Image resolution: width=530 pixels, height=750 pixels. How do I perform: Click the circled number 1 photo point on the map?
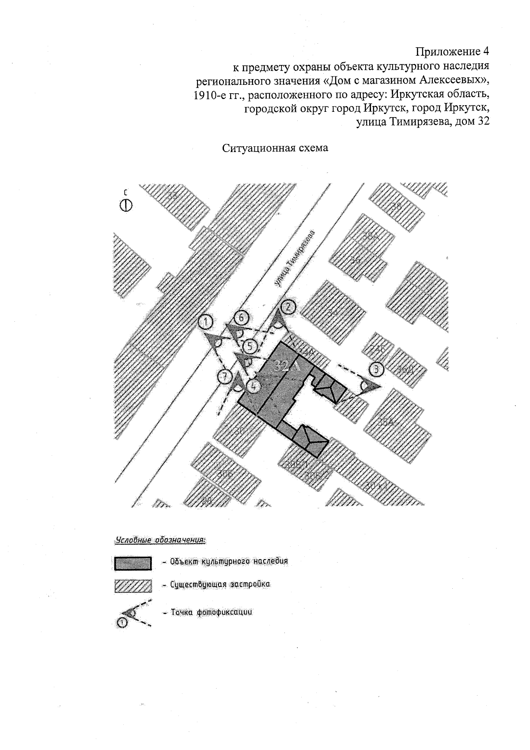(206, 322)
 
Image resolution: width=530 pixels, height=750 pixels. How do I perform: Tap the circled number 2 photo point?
(288, 306)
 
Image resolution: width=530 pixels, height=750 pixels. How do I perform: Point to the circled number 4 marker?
(254, 385)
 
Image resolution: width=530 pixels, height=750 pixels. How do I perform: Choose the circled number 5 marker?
(250, 346)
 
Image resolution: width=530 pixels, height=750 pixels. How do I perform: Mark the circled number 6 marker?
(242, 318)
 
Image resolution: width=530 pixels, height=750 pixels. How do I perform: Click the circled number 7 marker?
(225, 377)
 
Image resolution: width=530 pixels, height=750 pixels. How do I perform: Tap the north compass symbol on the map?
(126, 205)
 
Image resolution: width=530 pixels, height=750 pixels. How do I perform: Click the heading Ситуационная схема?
(275, 148)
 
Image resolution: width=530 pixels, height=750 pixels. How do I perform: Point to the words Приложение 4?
(453, 52)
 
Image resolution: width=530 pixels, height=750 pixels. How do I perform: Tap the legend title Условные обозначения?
(161, 540)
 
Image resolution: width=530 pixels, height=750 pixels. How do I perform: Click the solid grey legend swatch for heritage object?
(133, 563)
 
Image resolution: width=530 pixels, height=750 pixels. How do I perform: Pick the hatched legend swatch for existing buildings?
(133, 586)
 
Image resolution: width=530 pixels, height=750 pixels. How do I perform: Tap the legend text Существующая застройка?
(220, 584)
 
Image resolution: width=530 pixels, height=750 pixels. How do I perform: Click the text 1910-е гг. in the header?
(213, 95)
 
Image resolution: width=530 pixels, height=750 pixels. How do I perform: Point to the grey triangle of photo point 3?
(371, 385)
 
